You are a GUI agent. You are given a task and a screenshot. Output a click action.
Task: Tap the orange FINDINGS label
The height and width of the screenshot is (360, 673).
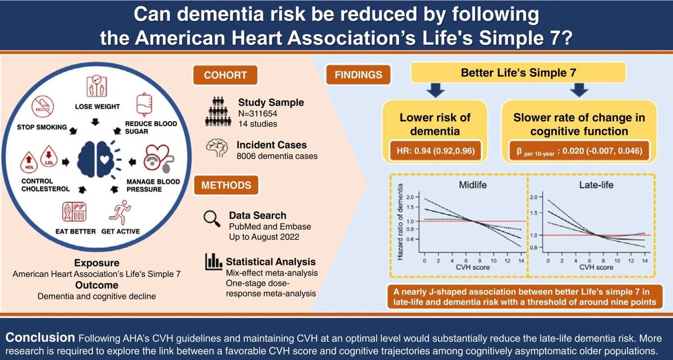357,75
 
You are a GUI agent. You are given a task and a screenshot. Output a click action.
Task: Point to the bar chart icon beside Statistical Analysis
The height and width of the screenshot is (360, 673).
211,261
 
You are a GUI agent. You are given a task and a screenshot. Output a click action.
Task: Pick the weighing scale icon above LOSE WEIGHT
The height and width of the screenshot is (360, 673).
94,85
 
